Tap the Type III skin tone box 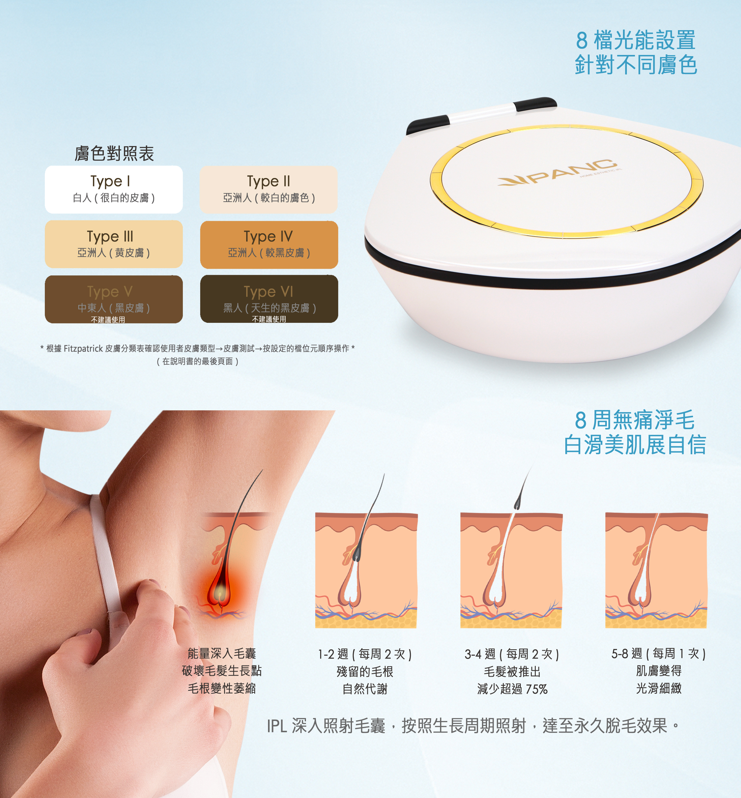pos(114,244)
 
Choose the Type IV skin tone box pos(269,245)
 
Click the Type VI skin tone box pos(269,299)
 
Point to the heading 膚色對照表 pos(114,154)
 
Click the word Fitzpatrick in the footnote pos(83,348)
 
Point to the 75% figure pos(537,689)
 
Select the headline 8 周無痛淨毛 pos(635,420)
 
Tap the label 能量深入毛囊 pos(222,653)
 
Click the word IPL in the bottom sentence pos(277,726)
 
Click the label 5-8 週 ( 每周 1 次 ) pos(659,654)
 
